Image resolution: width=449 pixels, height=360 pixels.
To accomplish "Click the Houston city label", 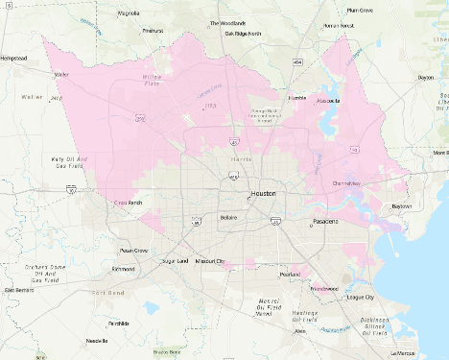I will (x=262, y=193).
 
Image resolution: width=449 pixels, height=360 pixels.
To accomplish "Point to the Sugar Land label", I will (x=176, y=260).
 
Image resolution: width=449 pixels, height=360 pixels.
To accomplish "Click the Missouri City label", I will (x=209, y=260).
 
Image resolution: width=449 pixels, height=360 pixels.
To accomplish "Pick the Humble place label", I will (x=296, y=97).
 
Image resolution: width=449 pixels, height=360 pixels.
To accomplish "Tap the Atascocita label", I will (x=330, y=99).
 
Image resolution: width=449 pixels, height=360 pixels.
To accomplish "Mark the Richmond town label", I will (x=123, y=269).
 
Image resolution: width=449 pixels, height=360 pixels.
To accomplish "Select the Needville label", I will (x=96, y=341).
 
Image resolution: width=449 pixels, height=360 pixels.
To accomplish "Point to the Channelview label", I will (x=347, y=182).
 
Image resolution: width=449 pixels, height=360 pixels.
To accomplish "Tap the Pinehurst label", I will (x=153, y=30).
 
